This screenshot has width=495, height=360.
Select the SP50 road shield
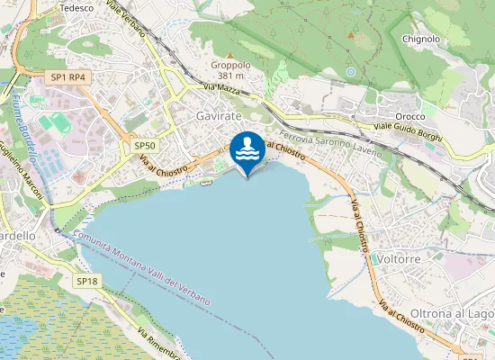(x=144, y=145)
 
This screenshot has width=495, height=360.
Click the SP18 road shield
(x=86, y=282)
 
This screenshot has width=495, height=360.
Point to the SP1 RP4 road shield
(x=68, y=77)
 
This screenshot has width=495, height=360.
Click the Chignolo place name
(x=421, y=39)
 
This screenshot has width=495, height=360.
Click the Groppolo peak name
(x=229, y=65)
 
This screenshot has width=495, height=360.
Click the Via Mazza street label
(x=222, y=87)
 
